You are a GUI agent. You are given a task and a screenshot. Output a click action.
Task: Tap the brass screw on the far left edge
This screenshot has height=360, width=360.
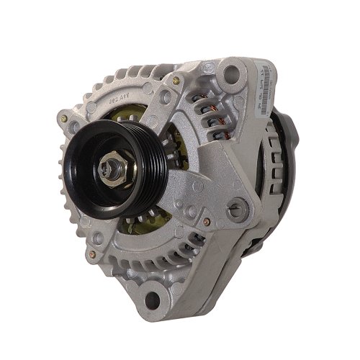point(64,118)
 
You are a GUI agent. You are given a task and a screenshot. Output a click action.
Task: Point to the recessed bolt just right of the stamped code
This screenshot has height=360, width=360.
point(147,89)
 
